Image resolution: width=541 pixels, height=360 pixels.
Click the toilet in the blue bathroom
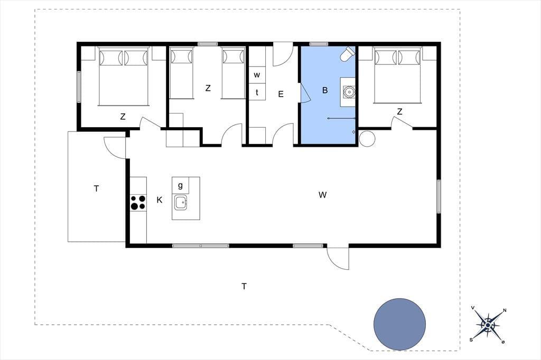(x=347, y=54)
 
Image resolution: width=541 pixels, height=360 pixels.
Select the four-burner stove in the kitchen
(x=138, y=202)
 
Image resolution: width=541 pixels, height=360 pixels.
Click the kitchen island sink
(x=181, y=202)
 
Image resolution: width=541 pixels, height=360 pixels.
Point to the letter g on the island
(x=180, y=185)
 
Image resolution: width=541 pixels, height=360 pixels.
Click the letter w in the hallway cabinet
(x=257, y=75)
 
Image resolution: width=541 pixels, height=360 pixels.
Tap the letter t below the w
(x=257, y=92)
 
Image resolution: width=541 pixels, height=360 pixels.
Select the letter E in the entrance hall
(x=281, y=94)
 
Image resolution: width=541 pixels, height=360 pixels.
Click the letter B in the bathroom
(x=325, y=90)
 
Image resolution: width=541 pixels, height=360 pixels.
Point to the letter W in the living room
(x=323, y=195)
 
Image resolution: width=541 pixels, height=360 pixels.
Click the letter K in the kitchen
(x=160, y=200)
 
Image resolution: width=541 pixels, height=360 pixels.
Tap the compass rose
(x=488, y=325)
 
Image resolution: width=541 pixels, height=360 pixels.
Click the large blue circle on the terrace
(x=399, y=324)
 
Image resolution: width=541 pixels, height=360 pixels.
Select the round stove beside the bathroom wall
(x=367, y=138)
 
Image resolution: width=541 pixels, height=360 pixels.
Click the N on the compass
(x=505, y=310)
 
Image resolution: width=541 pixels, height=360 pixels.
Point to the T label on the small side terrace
(x=96, y=188)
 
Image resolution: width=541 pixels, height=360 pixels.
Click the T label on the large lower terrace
(x=244, y=286)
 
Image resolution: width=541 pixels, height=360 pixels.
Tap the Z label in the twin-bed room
(x=208, y=88)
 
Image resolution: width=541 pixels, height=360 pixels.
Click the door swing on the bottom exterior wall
(x=338, y=259)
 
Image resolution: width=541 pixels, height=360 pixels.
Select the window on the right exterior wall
(x=439, y=196)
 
